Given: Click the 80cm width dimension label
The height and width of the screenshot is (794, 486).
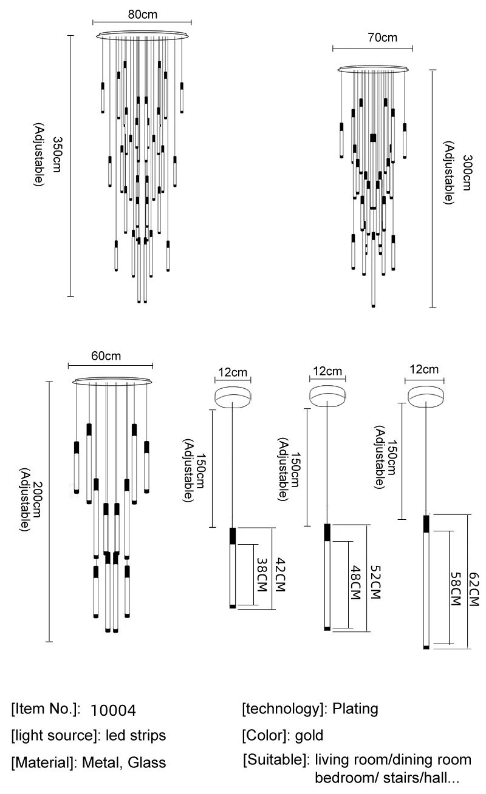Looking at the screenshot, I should pos(140,13).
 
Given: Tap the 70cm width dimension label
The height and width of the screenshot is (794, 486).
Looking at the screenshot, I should pos(383,38).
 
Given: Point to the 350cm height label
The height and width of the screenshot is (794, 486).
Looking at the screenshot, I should pos(57,155).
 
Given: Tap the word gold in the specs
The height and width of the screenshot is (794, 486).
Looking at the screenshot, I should pos(309,736).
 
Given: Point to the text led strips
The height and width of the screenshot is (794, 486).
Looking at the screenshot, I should pos(135,736).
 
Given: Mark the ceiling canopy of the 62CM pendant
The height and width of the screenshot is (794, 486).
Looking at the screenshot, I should pos(425,396).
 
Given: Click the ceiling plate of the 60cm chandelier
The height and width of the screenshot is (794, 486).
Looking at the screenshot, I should pos(112,382).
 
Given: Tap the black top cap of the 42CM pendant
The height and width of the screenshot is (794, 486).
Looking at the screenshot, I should pos(232,536).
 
